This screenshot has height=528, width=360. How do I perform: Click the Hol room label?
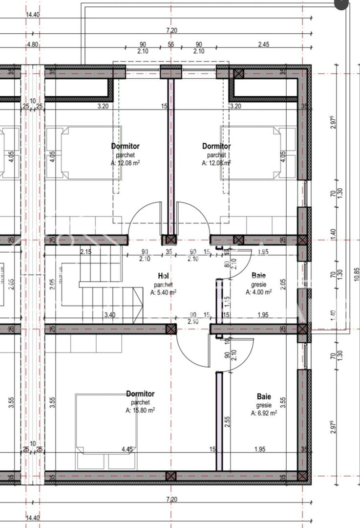pos(163,276)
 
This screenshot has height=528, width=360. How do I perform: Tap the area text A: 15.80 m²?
pos(140,410)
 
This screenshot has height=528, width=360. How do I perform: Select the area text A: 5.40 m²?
pos(163,292)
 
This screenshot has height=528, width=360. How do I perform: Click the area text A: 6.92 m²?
pos(264,413)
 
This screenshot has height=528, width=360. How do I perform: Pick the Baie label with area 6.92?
pos(264,397)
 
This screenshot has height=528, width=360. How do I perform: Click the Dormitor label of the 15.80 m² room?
pos(140,394)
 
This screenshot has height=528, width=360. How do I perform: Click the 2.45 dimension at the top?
pos(263,44)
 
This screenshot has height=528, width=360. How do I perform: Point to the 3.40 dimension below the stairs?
pos(109,315)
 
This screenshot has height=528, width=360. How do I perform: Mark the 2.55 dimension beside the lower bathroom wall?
pos(227,422)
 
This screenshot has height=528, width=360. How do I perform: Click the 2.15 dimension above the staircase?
pos(85,252)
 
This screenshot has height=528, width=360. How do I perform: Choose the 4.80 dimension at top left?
pos(33,44)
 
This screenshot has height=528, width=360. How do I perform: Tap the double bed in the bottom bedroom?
pos(106,423)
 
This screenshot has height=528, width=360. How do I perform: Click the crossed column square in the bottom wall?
pos(170,476)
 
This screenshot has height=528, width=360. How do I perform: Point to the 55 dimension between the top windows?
pos(171,44)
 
